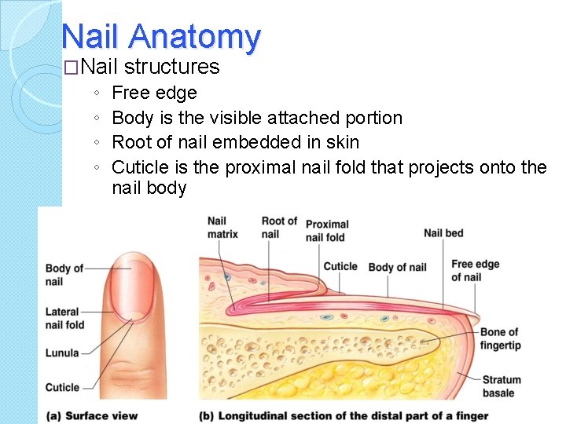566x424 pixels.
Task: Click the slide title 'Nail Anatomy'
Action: [x=160, y=36]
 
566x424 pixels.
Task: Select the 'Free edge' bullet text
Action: [x=154, y=93]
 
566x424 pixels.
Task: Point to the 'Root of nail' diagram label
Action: [x=279, y=227]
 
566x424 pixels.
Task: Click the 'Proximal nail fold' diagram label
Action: [x=325, y=231]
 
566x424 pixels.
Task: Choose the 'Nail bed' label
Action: [x=443, y=232]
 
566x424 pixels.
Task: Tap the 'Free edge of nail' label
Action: [x=475, y=270]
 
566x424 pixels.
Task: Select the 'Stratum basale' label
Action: [x=498, y=386]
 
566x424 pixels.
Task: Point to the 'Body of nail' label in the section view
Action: [x=397, y=267]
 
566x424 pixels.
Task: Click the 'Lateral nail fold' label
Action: [x=64, y=318]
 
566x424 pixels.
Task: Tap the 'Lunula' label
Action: [x=62, y=353]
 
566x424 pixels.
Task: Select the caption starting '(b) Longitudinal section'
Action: [x=344, y=415]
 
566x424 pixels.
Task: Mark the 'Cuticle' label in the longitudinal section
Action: [x=340, y=266]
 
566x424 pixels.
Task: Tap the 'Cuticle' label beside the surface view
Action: [x=62, y=387]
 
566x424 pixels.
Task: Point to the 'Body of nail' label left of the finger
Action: [x=64, y=275]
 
